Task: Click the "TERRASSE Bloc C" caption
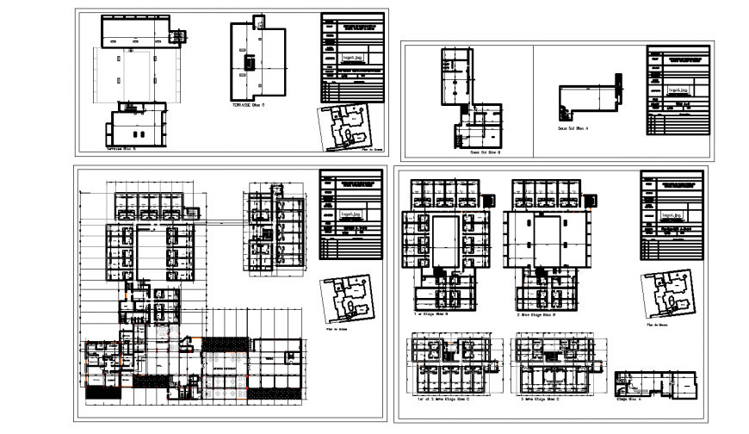pyautogui.click(x=247, y=104)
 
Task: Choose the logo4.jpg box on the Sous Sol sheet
pyautogui.click(x=677, y=90)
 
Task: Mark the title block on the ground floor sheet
pyautogui.click(x=350, y=215)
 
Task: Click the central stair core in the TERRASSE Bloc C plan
pyautogui.click(x=249, y=65)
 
